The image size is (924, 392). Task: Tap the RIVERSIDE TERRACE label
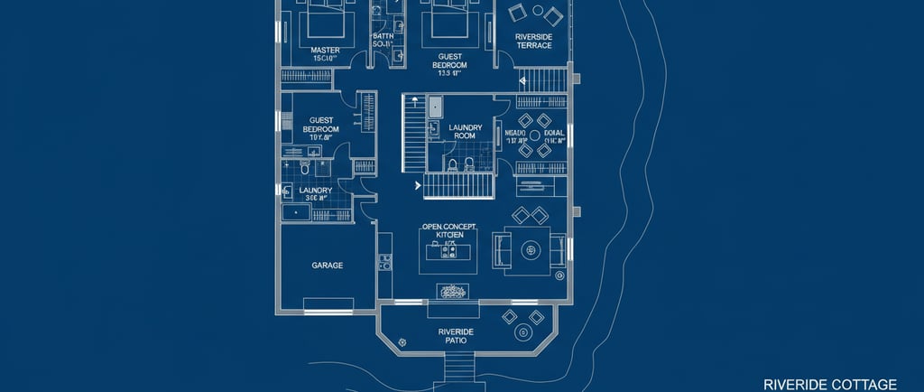click(x=533, y=42)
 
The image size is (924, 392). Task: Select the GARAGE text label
click(x=327, y=266)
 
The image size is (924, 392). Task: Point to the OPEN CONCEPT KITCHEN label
click(x=448, y=230)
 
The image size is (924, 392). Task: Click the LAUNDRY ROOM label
click(x=466, y=132)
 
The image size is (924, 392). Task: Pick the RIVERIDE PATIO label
click(x=456, y=337)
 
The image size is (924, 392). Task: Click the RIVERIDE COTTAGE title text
click(x=829, y=383)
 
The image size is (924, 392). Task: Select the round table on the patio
click(x=523, y=332)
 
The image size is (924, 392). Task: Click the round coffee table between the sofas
click(x=532, y=248)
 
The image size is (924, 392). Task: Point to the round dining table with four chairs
click(x=534, y=135)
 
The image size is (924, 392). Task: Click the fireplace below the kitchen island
click(x=451, y=292)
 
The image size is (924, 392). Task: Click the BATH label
click(x=382, y=37)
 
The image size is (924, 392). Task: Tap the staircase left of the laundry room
click(x=413, y=134)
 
